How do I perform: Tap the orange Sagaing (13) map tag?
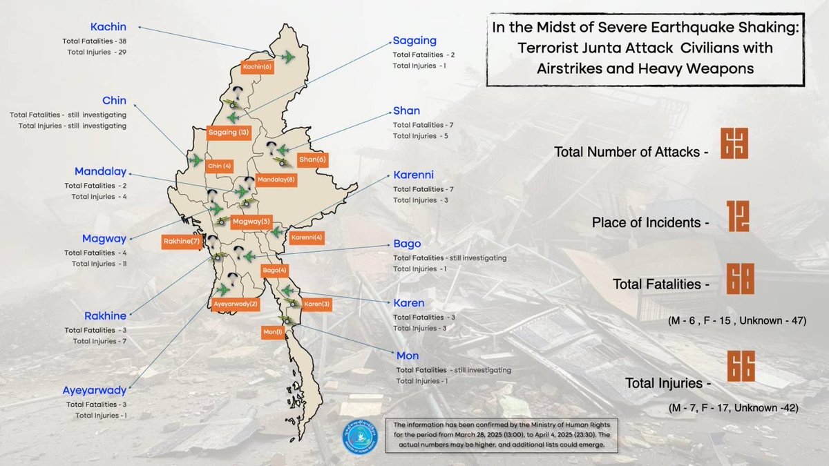click(x=229, y=132)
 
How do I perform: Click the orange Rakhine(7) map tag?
click(x=182, y=242)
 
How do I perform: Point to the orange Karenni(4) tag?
click(x=307, y=237)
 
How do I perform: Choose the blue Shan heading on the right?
click(x=406, y=110)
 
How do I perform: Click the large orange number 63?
click(x=734, y=144)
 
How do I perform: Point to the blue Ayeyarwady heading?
click(x=94, y=390)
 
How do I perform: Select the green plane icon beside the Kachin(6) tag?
click(x=287, y=56)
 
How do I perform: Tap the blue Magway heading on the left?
click(x=104, y=239)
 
